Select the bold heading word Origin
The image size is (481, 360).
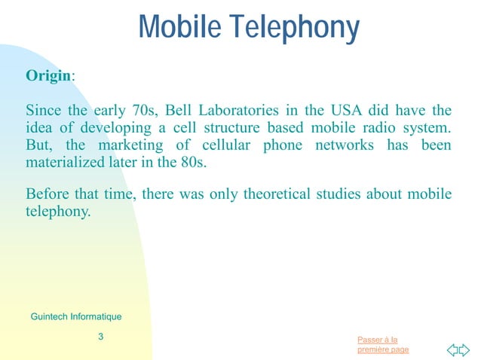click(x=48, y=76)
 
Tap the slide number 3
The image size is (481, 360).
click(x=101, y=337)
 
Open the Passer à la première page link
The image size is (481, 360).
click(x=383, y=345)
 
